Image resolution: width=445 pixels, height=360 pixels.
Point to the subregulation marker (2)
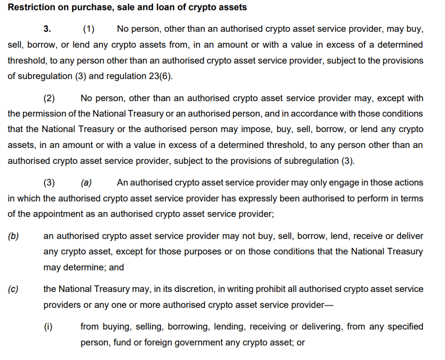(x=49, y=98)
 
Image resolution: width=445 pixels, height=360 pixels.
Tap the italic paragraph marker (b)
(x=13, y=236)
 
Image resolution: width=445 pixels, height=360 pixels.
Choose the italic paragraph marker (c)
(x=13, y=288)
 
